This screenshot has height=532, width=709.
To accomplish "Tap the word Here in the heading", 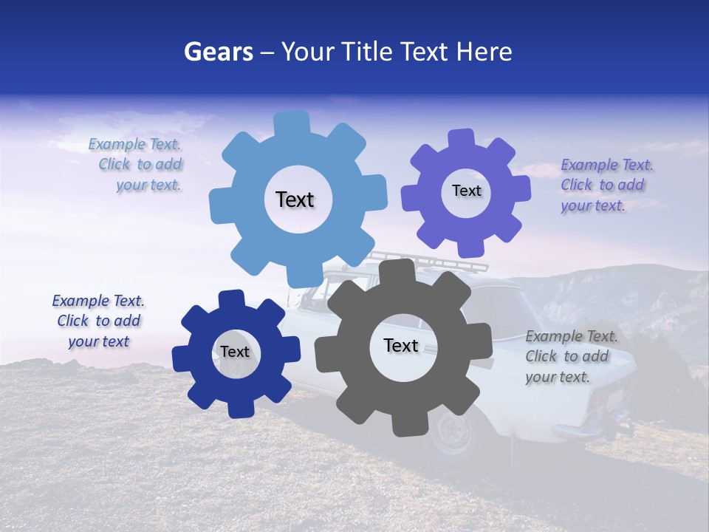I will click(484, 52).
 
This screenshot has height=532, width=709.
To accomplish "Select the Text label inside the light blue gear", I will click(295, 199).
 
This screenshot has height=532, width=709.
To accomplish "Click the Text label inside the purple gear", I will click(466, 191).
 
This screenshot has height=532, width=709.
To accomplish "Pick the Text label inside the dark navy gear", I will click(235, 352).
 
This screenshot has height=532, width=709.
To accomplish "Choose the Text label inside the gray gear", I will click(401, 345).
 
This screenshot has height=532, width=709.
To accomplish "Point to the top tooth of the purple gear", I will click(462, 139).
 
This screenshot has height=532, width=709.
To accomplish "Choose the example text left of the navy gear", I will click(98, 321).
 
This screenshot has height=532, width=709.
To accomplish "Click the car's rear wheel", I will click(453, 432).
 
